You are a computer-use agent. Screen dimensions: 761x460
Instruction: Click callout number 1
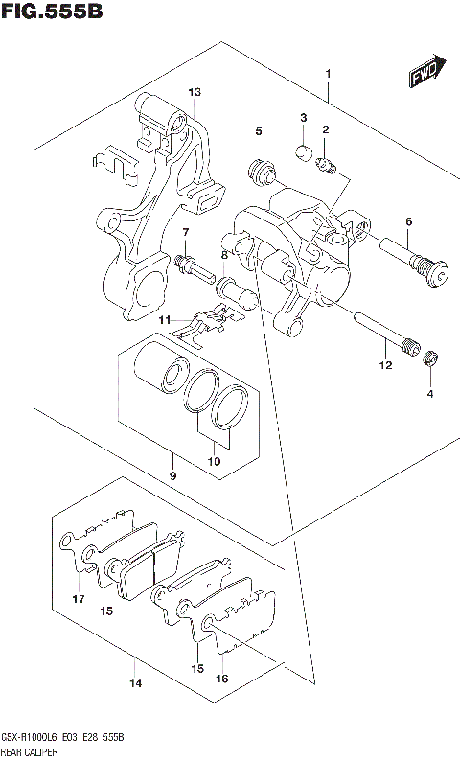(x=328, y=74)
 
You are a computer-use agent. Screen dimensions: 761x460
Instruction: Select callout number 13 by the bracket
(x=195, y=92)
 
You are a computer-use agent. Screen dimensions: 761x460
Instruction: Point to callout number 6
(x=408, y=222)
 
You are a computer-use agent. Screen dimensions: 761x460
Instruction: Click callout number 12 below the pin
(x=385, y=365)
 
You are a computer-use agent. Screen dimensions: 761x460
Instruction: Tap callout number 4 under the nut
(x=430, y=393)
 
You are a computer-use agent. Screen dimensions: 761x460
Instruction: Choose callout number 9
(x=172, y=476)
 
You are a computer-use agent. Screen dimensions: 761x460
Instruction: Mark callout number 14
(x=135, y=682)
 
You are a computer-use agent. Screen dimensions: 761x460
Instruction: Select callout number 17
(x=78, y=599)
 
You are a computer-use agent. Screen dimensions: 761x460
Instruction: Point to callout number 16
(x=222, y=678)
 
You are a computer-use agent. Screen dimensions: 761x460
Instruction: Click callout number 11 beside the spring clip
(x=165, y=319)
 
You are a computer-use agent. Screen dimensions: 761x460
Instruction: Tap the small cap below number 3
(x=302, y=150)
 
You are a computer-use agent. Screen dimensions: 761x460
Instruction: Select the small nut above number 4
(x=431, y=360)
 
